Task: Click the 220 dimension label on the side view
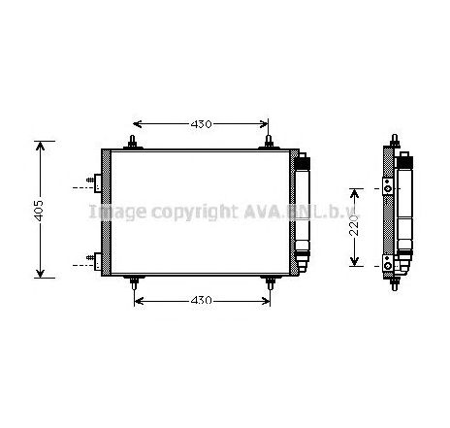355,226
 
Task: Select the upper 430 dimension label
201,124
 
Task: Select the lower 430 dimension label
201,300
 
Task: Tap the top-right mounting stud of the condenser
269,144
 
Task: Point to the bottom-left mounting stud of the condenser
133,282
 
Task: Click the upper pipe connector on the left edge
94,181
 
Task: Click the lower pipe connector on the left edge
94,257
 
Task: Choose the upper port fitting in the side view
388,185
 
